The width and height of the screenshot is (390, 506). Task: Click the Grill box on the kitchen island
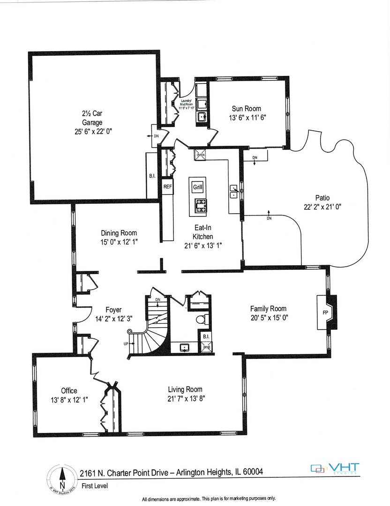point(197,187)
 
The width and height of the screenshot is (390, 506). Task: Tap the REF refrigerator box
point(168,186)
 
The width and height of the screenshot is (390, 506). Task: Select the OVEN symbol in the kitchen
point(201,154)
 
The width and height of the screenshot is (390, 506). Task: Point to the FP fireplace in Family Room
point(325,312)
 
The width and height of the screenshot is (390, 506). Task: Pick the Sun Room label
point(246,109)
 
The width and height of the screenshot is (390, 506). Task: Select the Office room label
point(69,390)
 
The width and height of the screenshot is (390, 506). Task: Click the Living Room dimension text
point(185,398)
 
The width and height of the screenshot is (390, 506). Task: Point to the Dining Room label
point(119,233)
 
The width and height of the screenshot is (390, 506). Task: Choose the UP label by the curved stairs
point(126,343)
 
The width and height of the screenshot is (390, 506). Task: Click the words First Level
point(94,486)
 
